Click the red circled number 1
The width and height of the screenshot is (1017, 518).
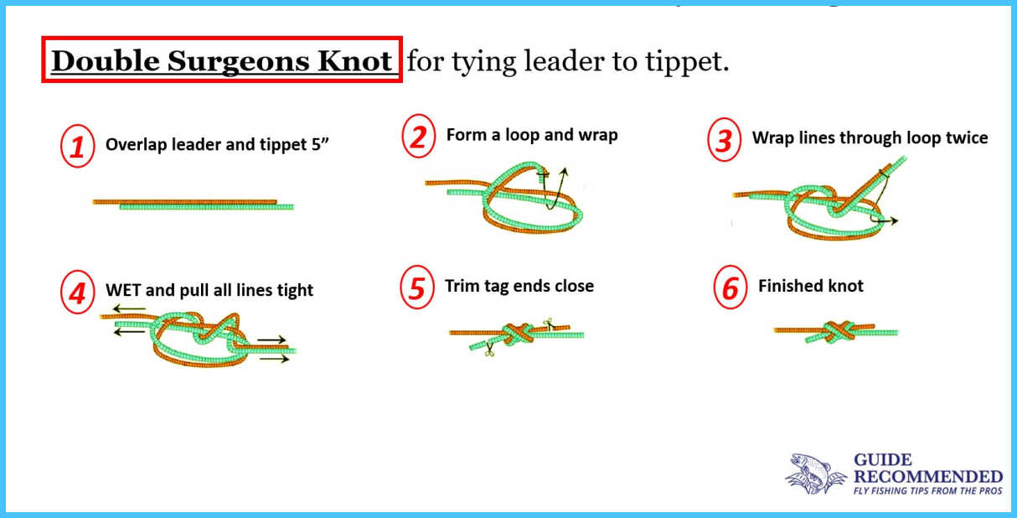78,146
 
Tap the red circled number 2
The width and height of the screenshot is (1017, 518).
419,136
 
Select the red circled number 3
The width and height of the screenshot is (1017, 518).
724,139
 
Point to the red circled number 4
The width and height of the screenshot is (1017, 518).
78,292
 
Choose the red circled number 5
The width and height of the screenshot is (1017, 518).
417,287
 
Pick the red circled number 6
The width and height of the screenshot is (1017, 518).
730,287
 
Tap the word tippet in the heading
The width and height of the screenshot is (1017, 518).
687,61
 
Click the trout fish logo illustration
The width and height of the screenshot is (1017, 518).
815,474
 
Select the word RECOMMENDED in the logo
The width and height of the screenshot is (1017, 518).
928,477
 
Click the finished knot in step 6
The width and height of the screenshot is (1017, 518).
835,332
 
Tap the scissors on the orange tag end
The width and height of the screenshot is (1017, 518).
550,324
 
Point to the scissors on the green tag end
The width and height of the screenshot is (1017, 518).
489,350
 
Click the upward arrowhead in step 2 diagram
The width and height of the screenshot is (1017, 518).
565,173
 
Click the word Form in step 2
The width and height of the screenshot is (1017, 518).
466,134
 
